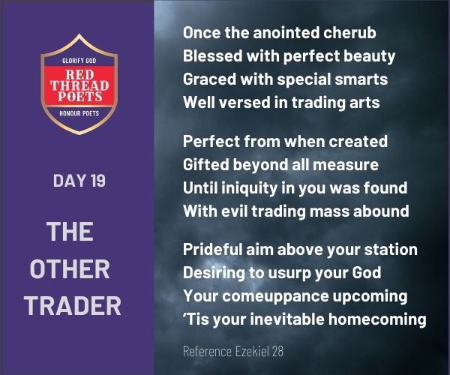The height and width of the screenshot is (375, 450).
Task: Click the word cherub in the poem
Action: (349, 32)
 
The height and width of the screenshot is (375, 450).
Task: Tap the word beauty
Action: (369, 56)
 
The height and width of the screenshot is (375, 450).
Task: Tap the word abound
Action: (381, 211)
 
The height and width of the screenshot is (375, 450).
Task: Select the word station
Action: (391, 250)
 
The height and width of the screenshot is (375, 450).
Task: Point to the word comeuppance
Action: (275, 297)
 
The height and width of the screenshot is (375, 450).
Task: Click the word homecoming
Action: (377, 320)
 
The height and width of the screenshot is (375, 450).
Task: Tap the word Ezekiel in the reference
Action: (253, 351)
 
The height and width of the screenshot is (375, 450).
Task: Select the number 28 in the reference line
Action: (277, 352)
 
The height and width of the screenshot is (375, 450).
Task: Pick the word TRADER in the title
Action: (73, 306)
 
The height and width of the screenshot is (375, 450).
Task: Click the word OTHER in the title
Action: (70, 268)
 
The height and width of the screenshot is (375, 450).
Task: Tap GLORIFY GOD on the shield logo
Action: (79, 61)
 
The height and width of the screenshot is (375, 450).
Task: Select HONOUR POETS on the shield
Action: (79, 113)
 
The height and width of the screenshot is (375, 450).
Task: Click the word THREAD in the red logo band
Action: (79, 85)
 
